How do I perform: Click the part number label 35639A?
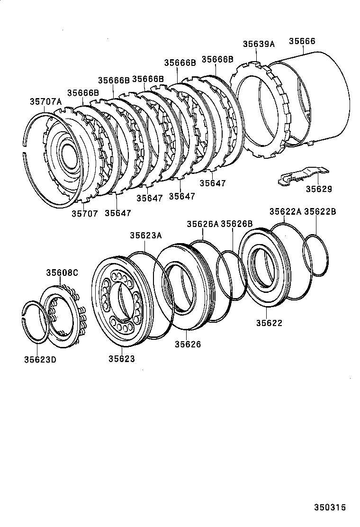(259, 44)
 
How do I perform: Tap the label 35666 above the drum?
(302, 41)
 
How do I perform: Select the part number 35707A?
(46, 101)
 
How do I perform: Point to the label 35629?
(318, 189)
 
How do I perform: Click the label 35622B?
(320, 212)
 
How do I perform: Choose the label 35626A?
(202, 224)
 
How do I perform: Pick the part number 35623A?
(146, 235)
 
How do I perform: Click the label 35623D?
(40, 359)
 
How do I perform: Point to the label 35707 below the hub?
(85, 214)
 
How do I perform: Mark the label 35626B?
(236, 224)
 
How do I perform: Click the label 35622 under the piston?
(269, 323)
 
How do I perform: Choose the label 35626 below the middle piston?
(188, 345)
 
